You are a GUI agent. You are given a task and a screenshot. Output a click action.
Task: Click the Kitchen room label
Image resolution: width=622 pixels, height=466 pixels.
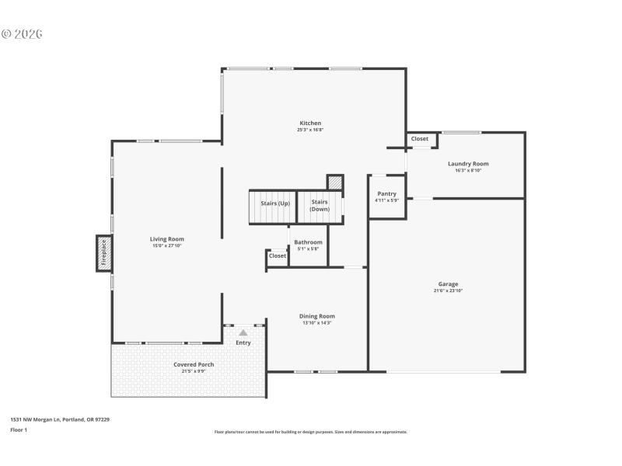(310, 123)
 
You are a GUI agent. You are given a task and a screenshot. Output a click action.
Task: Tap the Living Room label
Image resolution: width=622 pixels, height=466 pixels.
(166, 238)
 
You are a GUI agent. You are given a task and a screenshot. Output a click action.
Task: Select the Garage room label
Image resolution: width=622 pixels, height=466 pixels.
(446, 283)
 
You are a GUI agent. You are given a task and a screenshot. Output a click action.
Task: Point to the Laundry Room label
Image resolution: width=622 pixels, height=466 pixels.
(468, 163)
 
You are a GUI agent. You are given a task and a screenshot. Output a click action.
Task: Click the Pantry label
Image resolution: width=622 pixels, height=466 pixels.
(386, 193)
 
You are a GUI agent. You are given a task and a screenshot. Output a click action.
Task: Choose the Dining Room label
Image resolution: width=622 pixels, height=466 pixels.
(316, 315)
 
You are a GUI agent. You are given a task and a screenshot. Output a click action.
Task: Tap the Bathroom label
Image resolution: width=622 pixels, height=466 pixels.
(308, 242)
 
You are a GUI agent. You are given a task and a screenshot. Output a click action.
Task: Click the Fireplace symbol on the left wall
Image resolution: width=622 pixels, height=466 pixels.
(103, 252)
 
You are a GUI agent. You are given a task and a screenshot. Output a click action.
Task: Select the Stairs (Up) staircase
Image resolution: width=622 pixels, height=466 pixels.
(274, 207)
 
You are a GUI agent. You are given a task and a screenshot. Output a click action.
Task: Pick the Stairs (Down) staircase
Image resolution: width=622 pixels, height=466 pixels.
(320, 207)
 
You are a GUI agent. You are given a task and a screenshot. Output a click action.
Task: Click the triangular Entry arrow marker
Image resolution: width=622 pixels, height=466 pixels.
(243, 332)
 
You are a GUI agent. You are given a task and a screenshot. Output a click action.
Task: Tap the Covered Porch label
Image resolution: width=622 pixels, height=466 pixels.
(194, 364)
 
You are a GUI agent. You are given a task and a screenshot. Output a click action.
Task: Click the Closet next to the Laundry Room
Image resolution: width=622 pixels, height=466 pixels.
(420, 139)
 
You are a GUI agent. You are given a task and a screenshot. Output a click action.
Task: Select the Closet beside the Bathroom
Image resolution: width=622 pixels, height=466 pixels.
(277, 256)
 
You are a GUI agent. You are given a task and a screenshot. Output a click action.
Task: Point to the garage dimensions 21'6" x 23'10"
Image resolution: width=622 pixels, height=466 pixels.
(446, 290)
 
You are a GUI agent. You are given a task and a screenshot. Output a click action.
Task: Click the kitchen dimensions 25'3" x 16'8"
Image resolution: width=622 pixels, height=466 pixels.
(310, 130)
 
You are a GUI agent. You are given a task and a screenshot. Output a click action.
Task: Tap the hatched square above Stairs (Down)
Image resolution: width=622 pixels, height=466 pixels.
(334, 182)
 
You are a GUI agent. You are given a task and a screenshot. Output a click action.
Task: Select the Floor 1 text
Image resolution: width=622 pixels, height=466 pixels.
(19, 429)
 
